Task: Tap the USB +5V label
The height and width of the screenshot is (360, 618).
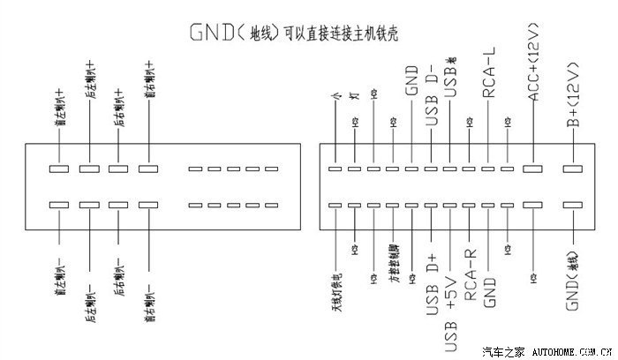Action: (x=450, y=291)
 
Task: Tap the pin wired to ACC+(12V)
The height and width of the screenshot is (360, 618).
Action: (x=533, y=168)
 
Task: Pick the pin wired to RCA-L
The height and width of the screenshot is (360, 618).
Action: (x=488, y=168)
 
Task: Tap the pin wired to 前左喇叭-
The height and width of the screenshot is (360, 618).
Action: (x=59, y=205)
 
